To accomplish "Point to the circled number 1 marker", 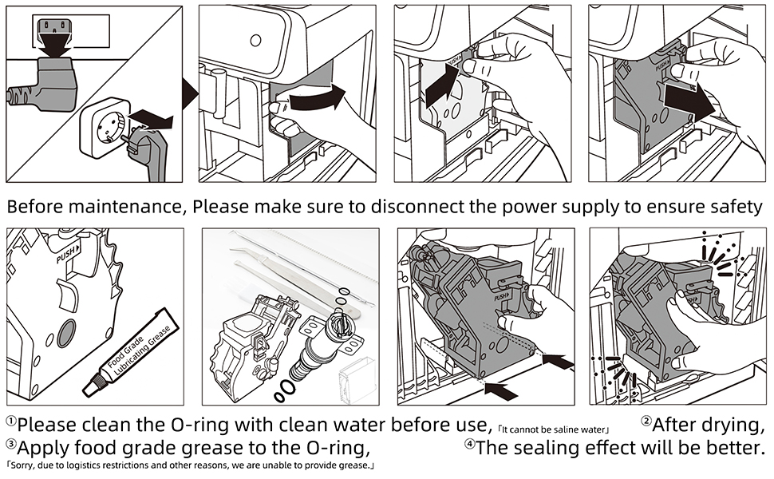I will pyautogui.click(x=10, y=422).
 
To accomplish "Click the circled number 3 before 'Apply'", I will pyautogui.click(x=10, y=444).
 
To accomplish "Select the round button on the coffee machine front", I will pyautogui.click(x=255, y=41).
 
